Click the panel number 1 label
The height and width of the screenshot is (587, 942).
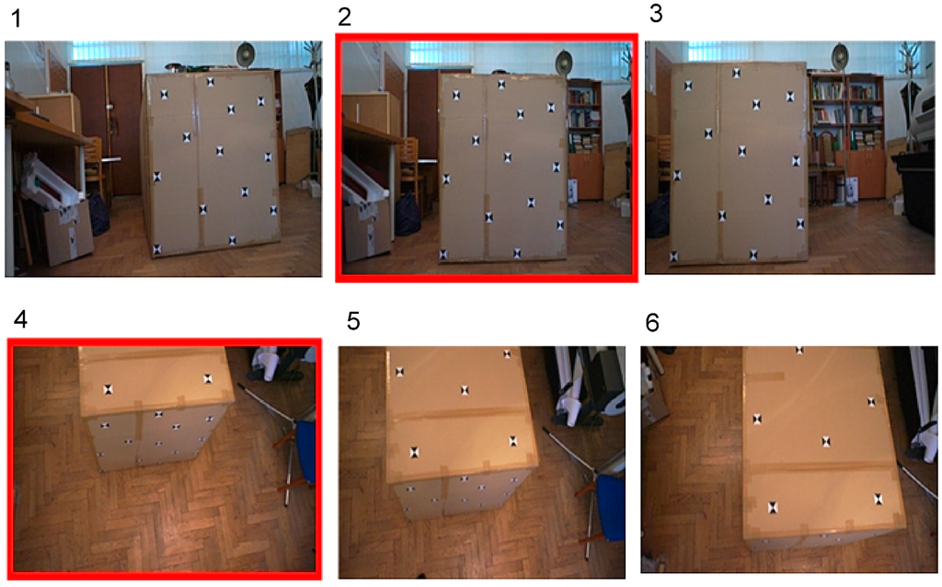(x=17, y=18)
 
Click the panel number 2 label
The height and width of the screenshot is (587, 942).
(x=344, y=17)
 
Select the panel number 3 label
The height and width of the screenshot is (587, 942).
(x=656, y=13)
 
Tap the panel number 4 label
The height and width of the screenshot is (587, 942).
(x=20, y=319)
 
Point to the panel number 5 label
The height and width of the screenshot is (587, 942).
(x=353, y=321)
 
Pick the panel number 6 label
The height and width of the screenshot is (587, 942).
(x=652, y=323)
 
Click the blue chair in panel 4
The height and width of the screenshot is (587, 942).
(x=305, y=451)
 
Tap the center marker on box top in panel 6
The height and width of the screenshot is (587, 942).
(x=827, y=443)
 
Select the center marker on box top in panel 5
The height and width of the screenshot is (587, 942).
(x=465, y=390)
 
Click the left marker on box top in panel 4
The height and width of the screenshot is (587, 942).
(x=109, y=390)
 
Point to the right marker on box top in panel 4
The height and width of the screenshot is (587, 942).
(x=208, y=379)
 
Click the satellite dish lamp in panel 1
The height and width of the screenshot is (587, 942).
(x=245, y=54)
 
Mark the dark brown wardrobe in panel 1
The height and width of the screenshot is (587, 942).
(x=107, y=129)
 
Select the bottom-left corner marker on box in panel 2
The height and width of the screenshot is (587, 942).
(x=443, y=255)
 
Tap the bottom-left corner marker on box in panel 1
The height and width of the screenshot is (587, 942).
(x=157, y=248)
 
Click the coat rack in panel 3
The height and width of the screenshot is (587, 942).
(x=910, y=90)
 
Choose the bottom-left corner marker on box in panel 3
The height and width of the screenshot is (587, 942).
(x=673, y=257)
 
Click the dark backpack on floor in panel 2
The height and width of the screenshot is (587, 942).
(x=408, y=215)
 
